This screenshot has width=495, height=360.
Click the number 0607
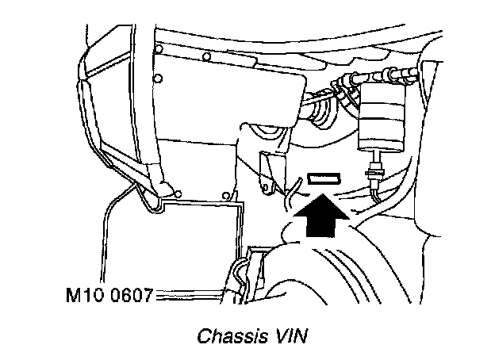pos(127,297)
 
